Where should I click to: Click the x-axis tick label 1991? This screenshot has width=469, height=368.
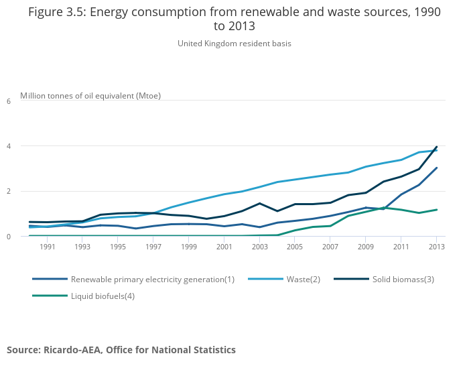click(x=47, y=247)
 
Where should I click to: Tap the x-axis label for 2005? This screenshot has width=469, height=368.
click(x=295, y=247)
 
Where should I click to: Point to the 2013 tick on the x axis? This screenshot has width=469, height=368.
click(x=436, y=247)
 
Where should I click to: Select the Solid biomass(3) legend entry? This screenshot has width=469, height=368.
click(x=403, y=279)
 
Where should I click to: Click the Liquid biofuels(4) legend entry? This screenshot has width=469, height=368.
click(x=103, y=296)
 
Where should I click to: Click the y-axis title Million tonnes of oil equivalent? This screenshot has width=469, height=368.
click(x=90, y=95)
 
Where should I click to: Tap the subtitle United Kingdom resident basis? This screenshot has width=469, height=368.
click(x=234, y=44)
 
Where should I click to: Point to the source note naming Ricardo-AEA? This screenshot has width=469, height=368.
click(x=121, y=350)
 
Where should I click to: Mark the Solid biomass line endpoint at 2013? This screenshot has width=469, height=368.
click(x=437, y=147)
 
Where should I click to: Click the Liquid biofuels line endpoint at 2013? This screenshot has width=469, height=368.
click(x=437, y=210)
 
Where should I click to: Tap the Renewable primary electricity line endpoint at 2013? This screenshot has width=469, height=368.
click(x=437, y=168)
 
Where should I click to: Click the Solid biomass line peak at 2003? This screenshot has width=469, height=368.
click(x=259, y=203)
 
